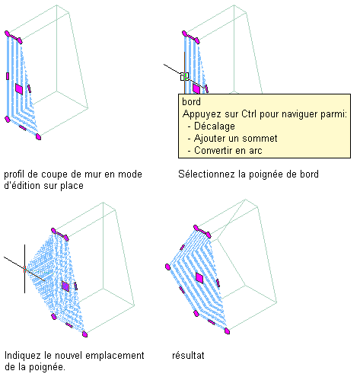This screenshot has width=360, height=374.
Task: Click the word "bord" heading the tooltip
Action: [191, 102]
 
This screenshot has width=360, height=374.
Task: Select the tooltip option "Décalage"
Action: [215, 126]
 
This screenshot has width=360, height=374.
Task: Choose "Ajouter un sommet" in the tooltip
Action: [235, 139]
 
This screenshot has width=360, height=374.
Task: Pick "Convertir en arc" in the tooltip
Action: [228, 151]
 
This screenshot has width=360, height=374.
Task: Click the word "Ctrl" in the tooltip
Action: [249, 114]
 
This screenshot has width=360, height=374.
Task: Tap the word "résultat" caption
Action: [188, 355]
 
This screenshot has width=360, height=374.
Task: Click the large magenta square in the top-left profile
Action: [19, 89]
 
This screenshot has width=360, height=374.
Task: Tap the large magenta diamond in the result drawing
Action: [199, 278]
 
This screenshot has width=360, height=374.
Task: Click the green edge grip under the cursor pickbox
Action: [185, 75]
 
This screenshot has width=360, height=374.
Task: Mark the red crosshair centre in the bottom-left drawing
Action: [25, 269]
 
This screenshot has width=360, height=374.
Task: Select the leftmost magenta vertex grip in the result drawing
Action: [167, 267]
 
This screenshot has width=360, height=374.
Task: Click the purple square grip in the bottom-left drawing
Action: [65, 286]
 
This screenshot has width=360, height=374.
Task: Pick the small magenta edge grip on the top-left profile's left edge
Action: [8, 76]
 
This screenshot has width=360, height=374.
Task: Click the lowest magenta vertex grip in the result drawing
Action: [228, 331]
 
